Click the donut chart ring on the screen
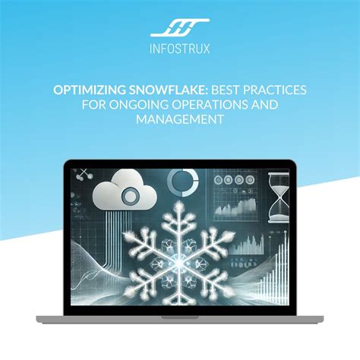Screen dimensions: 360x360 183,183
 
